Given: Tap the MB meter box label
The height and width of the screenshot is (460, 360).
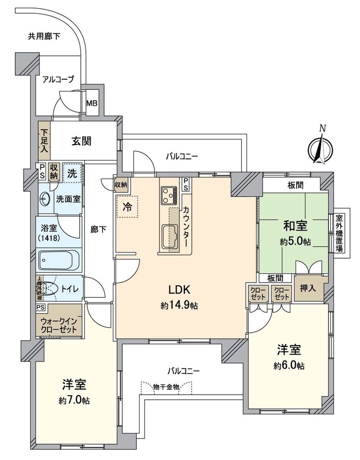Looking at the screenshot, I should click(92, 103).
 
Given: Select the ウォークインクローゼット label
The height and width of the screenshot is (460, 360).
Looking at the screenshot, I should click(59, 325).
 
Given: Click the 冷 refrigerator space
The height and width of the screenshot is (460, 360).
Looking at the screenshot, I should click(126, 207).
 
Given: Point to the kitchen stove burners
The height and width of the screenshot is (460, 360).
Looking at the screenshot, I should click(169, 195).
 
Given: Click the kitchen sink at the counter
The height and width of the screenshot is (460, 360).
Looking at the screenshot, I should click(170, 236).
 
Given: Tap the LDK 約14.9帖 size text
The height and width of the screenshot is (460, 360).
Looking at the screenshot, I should click(179, 306).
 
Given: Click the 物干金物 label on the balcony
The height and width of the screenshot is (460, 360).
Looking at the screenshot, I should click(166, 386).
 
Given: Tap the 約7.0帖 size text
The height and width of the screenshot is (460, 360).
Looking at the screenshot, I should click(74, 401).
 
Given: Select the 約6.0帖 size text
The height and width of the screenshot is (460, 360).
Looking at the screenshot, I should click(289, 365).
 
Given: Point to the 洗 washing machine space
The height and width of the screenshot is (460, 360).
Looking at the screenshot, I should click(73, 173).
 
